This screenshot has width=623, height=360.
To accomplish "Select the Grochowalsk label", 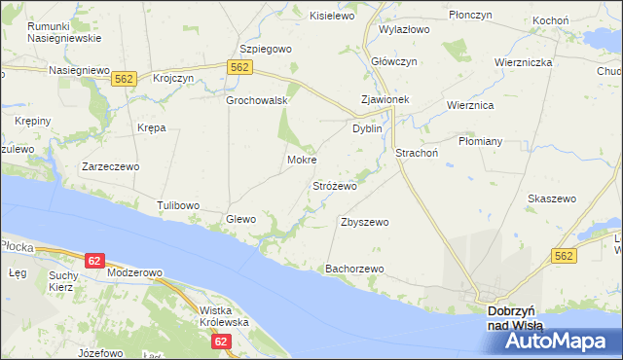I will [x=256, y=100].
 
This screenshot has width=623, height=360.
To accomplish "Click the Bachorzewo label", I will [x=356, y=269].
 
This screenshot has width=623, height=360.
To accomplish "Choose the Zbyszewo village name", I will [x=364, y=222].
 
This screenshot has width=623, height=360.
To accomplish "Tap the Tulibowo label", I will [x=178, y=205].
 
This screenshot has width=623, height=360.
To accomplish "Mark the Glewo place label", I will [x=240, y=219].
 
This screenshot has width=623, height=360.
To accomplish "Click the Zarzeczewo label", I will [x=111, y=166].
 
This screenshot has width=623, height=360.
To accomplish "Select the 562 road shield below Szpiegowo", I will [x=240, y=66].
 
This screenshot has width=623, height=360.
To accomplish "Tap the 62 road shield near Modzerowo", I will [x=93, y=261].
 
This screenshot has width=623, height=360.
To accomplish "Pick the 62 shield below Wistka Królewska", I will [x=221, y=342].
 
